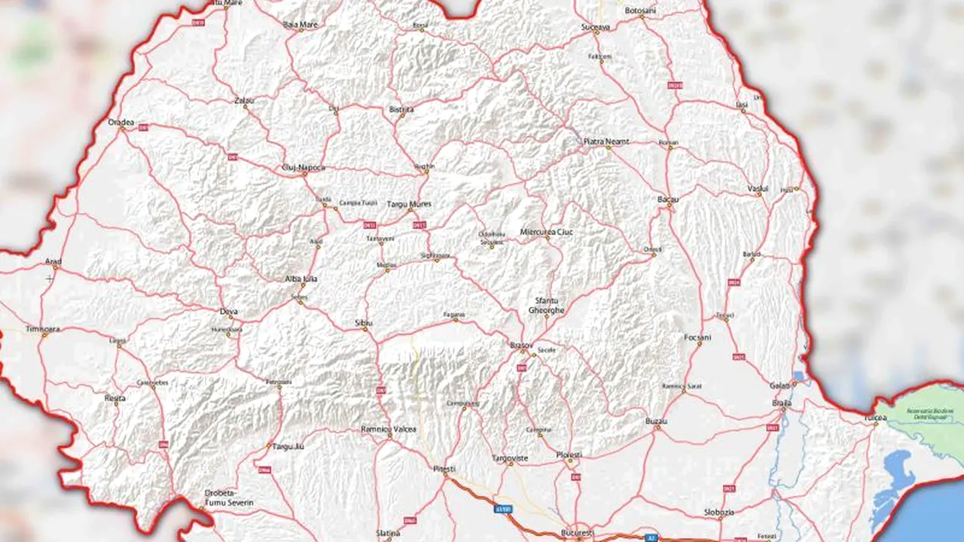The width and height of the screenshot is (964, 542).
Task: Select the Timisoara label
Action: pos(41,329)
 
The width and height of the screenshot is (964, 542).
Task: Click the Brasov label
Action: pos(521,344)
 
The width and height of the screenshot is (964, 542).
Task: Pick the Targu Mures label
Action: pos(409,204)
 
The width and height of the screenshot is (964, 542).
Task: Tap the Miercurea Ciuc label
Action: pos(547,232)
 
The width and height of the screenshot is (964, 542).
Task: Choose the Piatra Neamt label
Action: pos(606,141)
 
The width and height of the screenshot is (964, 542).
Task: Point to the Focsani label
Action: pos(697,337)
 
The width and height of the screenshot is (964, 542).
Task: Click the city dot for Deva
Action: pos(228,318)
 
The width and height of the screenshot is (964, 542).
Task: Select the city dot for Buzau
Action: pos(657,428)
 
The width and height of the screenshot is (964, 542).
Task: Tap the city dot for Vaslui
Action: pos(759,194)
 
